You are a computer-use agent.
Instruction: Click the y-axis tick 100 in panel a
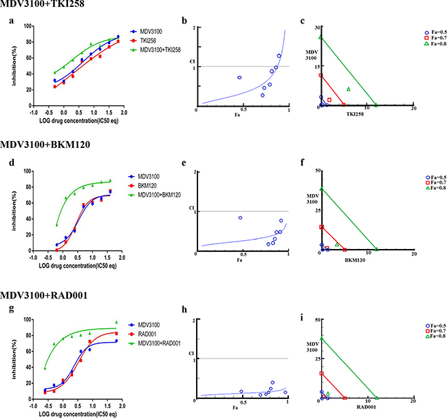[28, 26]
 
